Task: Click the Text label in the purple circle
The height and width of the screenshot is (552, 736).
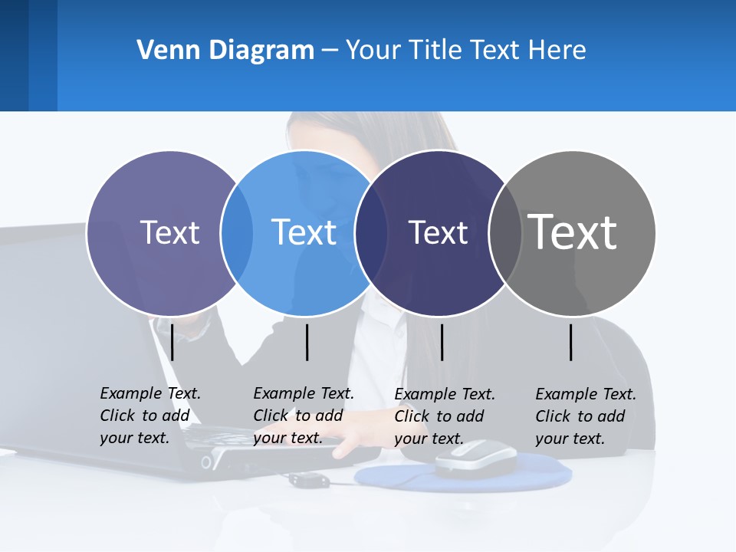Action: point(169,232)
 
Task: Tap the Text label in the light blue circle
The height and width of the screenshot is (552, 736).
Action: point(304,232)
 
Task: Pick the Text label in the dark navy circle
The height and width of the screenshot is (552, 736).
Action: point(438,232)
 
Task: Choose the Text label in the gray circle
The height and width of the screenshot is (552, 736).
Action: point(572,232)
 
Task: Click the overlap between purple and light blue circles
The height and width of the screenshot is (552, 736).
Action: point(237,232)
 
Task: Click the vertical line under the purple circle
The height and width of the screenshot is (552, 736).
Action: point(172,342)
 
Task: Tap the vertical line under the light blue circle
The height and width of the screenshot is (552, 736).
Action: point(307,342)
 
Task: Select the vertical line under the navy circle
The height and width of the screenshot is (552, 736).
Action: point(442,342)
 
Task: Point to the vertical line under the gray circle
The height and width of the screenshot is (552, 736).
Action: point(571,342)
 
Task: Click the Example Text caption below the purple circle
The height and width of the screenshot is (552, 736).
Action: point(149,416)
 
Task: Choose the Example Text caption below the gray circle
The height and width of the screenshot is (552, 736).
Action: point(585,416)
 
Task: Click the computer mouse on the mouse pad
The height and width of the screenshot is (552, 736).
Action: point(475,458)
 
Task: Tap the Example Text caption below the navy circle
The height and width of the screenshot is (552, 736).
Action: point(444,416)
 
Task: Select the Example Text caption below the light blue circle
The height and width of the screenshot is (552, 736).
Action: point(303,416)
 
